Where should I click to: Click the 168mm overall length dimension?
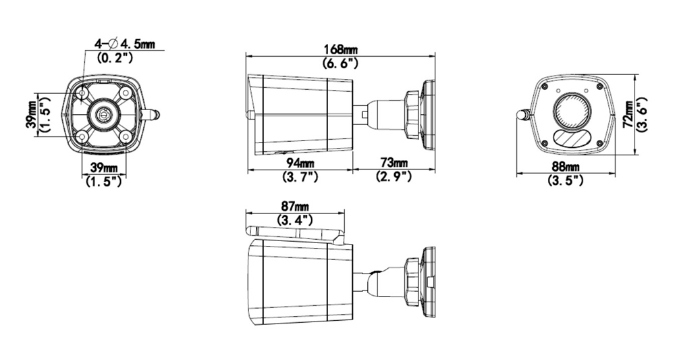pyautogui.click(x=340, y=49)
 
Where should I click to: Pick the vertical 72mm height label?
pyautogui.click(x=628, y=114)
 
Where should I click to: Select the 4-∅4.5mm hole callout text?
pyautogui.click(x=124, y=45)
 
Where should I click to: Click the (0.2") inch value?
pyautogui.click(x=115, y=58)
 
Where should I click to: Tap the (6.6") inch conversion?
pyautogui.click(x=340, y=63)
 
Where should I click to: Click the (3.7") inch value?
pyautogui.click(x=299, y=177)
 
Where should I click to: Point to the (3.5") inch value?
pyautogui.click(x=565, y=181)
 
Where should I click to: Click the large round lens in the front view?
pyautogui.click(x=572, y=109)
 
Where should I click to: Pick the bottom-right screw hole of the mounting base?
pyautogui.click(x=124, y=137)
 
